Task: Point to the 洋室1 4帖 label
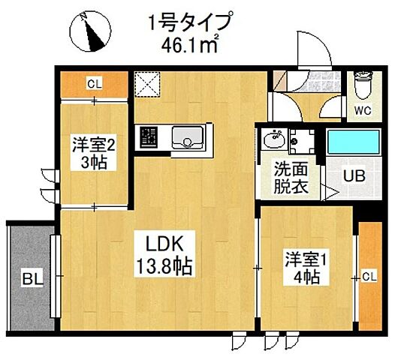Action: (x=303, y=268)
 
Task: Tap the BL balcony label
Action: (x=31, y=280)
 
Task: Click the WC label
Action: (x=363, y=112)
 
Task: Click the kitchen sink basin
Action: (x=186, y=137)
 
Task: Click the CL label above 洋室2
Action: (x=94, y=84)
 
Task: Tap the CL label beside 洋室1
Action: (x=369, y=277)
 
